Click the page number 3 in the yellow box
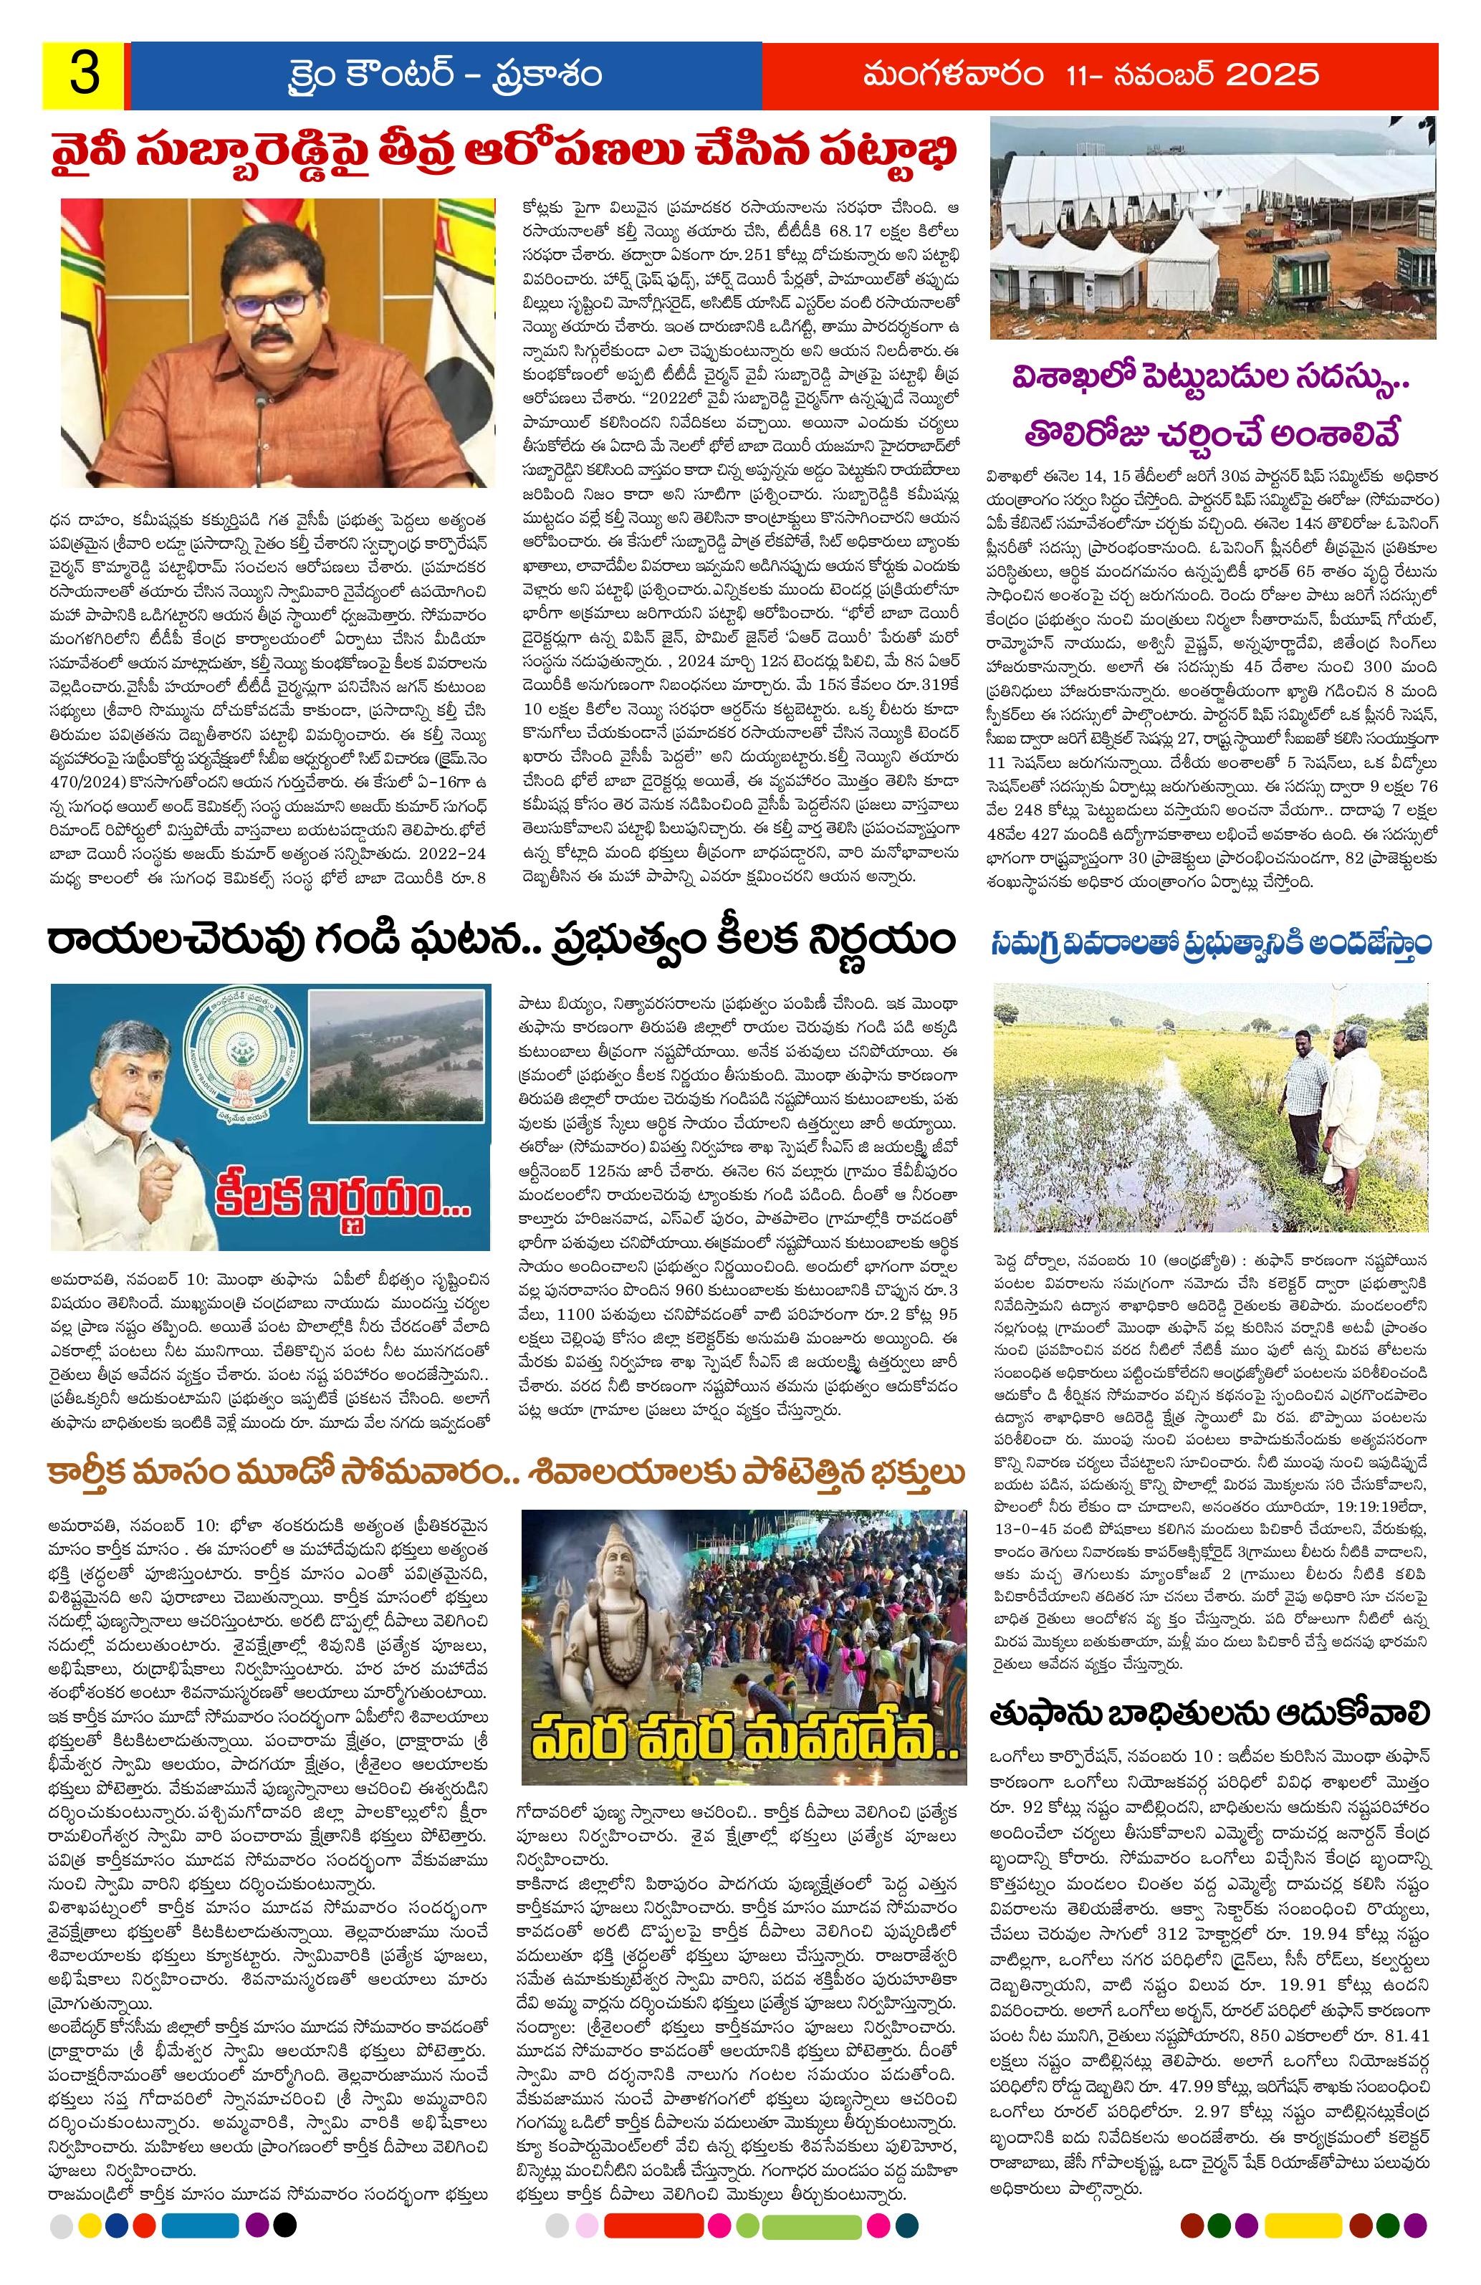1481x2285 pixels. pyautogui.click(x=82, y=76)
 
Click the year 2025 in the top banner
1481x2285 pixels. pyautogui.click(x=1257, y=75)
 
